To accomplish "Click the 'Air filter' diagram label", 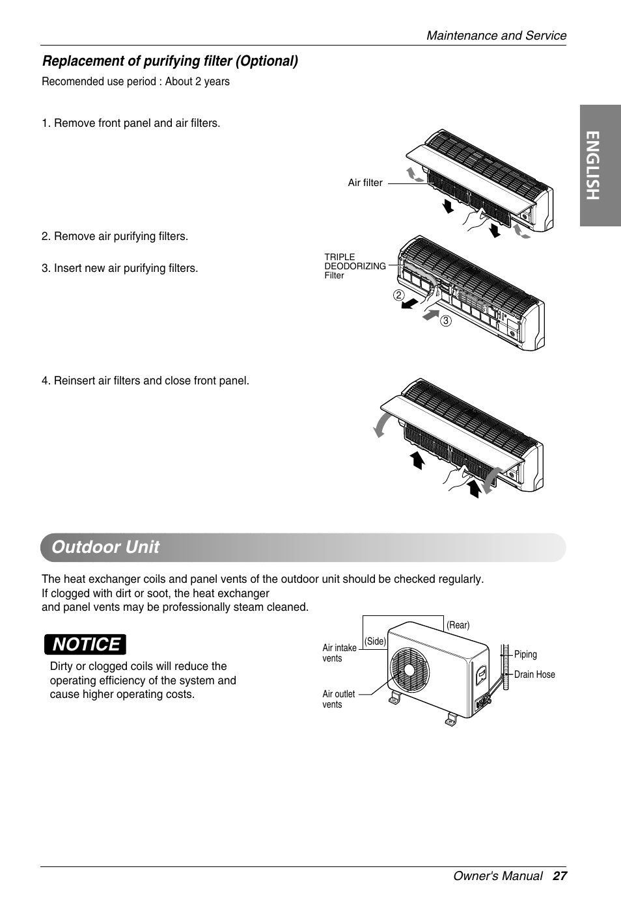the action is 365,183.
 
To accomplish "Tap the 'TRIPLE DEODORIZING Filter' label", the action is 355,266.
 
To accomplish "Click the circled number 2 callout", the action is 397,295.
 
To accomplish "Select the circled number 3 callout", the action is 445,321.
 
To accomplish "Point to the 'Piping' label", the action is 525,654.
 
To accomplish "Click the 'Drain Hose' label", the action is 534,675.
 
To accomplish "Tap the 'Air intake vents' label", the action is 339,653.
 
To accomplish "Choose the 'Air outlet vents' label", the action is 338,699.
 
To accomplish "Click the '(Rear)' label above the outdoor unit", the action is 458,625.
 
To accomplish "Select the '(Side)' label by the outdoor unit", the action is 376,641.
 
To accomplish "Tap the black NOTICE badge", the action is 86,645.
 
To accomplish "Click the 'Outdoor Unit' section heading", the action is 105,547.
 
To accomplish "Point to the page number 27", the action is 560,876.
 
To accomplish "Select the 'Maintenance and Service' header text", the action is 496,36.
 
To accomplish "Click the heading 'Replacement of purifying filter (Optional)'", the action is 170,61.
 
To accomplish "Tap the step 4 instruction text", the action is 145,381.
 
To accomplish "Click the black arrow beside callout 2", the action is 411,304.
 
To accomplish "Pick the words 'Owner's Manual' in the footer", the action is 498,876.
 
